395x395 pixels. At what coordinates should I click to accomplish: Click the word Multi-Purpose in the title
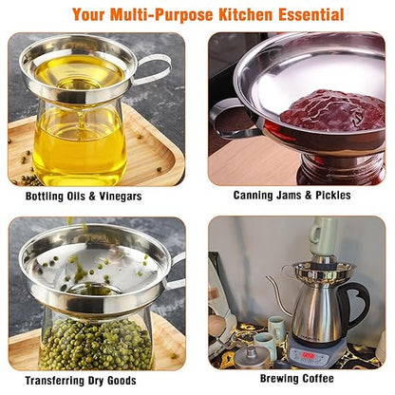coord(161,14)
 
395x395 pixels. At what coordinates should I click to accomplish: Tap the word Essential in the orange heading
coord(311,14)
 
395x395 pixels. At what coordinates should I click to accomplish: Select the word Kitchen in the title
coord(246,14)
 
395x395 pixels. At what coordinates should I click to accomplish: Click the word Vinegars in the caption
coord(121,197)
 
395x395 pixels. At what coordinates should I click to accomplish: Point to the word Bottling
coord(45,197)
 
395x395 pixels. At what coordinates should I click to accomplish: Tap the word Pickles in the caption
coord(333,195)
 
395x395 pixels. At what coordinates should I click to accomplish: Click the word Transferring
coord(52,380)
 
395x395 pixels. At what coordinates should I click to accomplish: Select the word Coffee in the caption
coord(318,378)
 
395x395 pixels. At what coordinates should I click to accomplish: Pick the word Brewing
coord(279,379)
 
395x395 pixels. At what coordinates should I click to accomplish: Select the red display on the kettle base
coord(308,355)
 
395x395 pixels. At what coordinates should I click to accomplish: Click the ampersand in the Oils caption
coord(92,197)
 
